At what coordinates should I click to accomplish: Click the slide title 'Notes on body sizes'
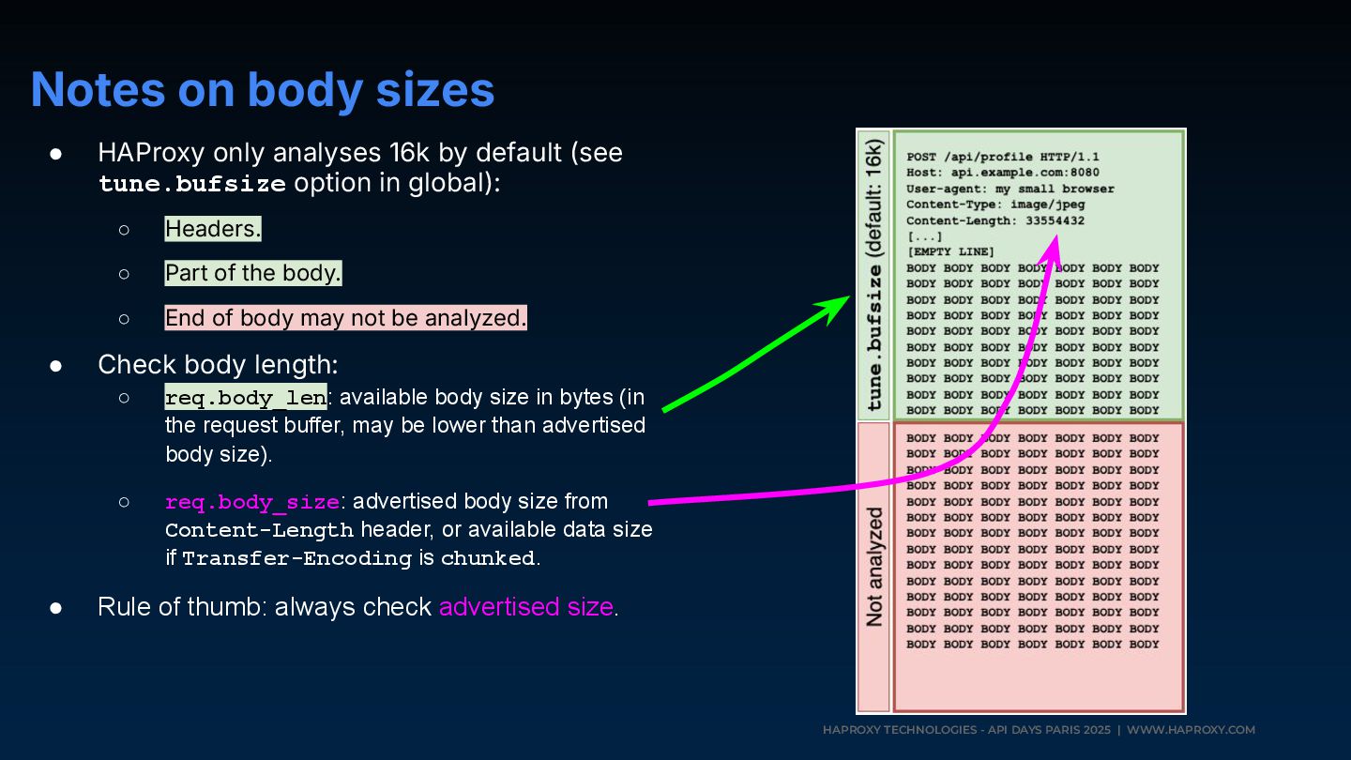(263, 90)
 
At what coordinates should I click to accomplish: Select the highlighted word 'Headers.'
(213, 229)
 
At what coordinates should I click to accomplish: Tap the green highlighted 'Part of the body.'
(253, 273)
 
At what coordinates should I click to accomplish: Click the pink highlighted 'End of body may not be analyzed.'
(345, 318)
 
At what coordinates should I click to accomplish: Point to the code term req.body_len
(246, 398)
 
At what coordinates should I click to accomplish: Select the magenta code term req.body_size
(252, 502)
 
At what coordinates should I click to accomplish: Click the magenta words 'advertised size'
(525, 607)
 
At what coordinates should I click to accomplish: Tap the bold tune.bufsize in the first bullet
(192, 184)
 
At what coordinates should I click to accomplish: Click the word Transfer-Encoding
(296, 559)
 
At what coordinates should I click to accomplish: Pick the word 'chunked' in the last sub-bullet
(488, 559)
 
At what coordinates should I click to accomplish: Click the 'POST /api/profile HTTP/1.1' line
(1003, 157)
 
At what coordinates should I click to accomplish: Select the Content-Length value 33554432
(1049, 220)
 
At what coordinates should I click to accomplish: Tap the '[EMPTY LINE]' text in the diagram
(950, 252)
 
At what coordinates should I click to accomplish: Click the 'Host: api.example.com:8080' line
(1003, 173)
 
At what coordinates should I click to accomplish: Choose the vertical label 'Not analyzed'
(874, 567)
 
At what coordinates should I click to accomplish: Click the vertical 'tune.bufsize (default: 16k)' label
(874, 275)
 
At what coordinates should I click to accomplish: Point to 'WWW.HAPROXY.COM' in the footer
(1191, 730)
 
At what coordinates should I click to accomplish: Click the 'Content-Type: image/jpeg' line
(995, 205)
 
